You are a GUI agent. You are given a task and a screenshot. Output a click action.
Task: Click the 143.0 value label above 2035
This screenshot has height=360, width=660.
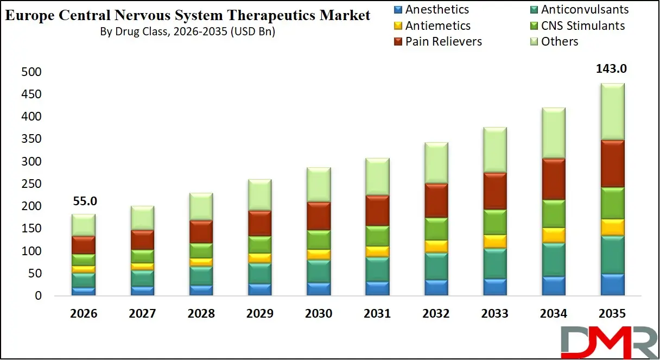tap(612, 69)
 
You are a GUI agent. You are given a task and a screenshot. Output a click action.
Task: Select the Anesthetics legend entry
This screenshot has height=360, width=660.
tap(431, 10)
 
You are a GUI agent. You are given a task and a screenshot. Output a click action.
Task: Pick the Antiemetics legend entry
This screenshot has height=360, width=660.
tap(431, 26)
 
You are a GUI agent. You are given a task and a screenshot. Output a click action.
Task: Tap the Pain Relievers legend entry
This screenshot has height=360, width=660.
tap(437, 42)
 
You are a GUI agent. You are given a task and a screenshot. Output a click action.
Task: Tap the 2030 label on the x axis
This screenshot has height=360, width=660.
tap(318, 314)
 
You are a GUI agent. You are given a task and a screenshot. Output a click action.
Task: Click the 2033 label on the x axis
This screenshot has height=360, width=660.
tap(495, 314)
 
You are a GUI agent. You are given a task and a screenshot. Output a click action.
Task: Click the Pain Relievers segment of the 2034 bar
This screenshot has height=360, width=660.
tap(554, 179)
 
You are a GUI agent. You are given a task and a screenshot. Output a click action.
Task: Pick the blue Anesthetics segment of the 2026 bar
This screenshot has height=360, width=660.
tap(84, 291)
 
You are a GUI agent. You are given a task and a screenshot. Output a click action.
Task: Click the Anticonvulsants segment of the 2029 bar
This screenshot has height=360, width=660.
tap(259, 273)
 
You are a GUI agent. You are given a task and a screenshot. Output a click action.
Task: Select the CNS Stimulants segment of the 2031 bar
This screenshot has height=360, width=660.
tap(377, 236)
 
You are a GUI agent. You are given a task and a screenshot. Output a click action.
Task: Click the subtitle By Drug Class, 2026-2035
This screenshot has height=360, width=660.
tap(187, 31)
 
